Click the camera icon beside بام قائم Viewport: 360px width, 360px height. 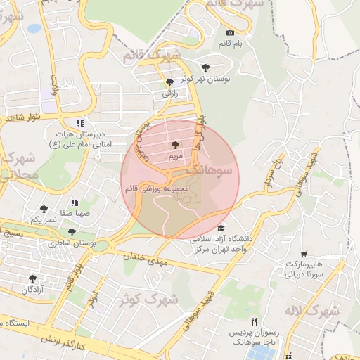coord(230,33)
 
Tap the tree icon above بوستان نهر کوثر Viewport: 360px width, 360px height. coord(205,67)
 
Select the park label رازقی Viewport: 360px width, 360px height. coord(170,93)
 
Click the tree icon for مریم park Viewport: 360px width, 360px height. coord(175,144)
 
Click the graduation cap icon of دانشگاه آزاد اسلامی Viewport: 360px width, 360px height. coord(221,228)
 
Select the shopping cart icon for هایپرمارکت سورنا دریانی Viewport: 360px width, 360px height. coord(303,254)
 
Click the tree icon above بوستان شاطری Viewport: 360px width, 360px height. coord(72,231)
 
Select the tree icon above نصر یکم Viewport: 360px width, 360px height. coord(44,209)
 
